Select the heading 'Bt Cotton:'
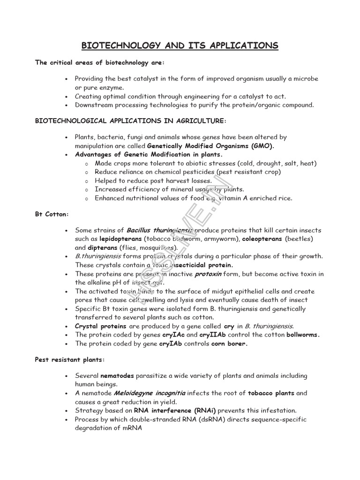pyautogui.click(x=52, y=214)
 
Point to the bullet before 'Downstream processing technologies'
pyautogui.click(x=67, y=105)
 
